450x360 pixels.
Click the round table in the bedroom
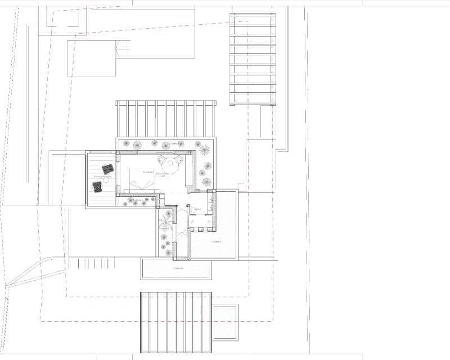168,165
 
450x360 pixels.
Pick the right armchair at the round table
179,160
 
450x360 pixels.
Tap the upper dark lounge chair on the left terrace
108,168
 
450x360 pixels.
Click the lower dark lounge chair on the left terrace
98,185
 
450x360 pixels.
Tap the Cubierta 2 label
216,242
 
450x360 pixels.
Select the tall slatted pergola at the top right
253,59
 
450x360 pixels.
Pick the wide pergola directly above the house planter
166,118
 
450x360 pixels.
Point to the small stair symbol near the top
123,51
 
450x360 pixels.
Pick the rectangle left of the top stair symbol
91,57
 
